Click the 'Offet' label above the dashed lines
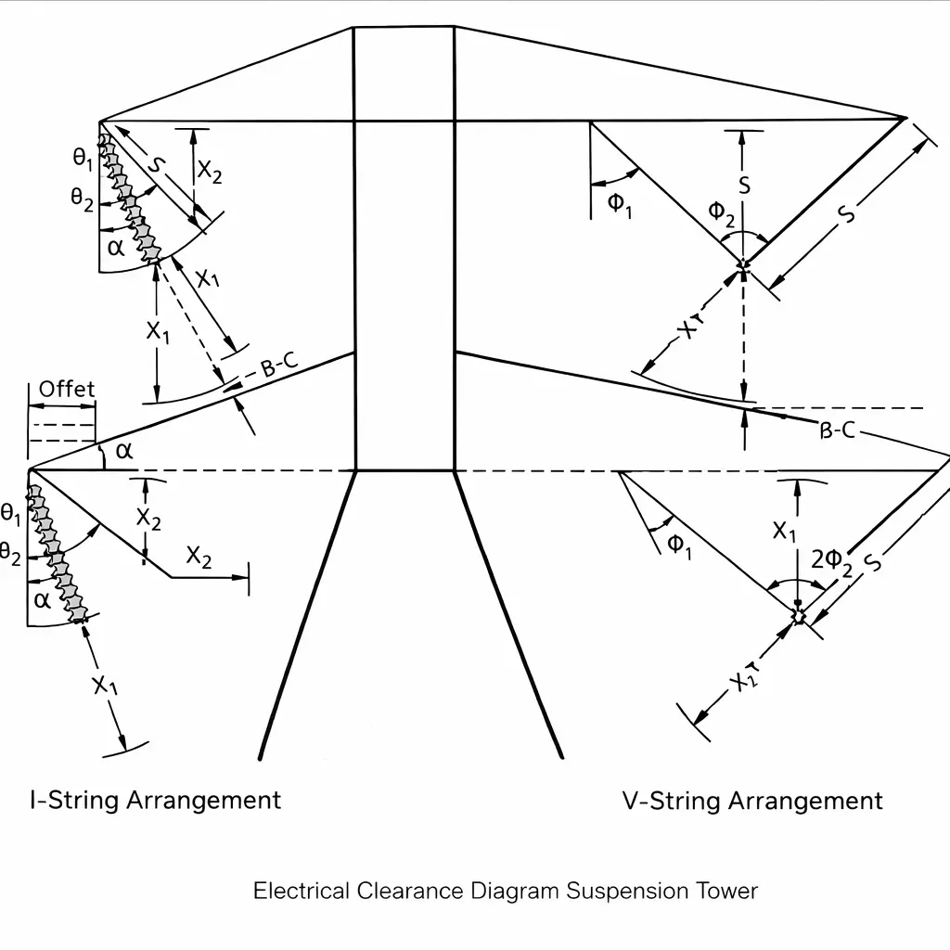point(67,389)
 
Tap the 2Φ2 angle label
point(832,559)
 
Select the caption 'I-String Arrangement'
point(156,800)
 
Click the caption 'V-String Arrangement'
point(752,801)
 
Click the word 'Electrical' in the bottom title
point(302,892)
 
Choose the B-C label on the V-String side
point(838,430)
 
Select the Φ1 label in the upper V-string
point(620,204)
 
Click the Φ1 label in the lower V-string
point(680,545)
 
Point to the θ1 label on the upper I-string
point(83,158)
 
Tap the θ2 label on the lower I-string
point(10,554)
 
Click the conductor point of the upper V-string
point(742,267)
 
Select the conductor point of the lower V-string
point(798,615)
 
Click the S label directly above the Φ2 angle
point(744,185)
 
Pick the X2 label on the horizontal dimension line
point(199,558)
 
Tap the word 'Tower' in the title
point(727,892)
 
